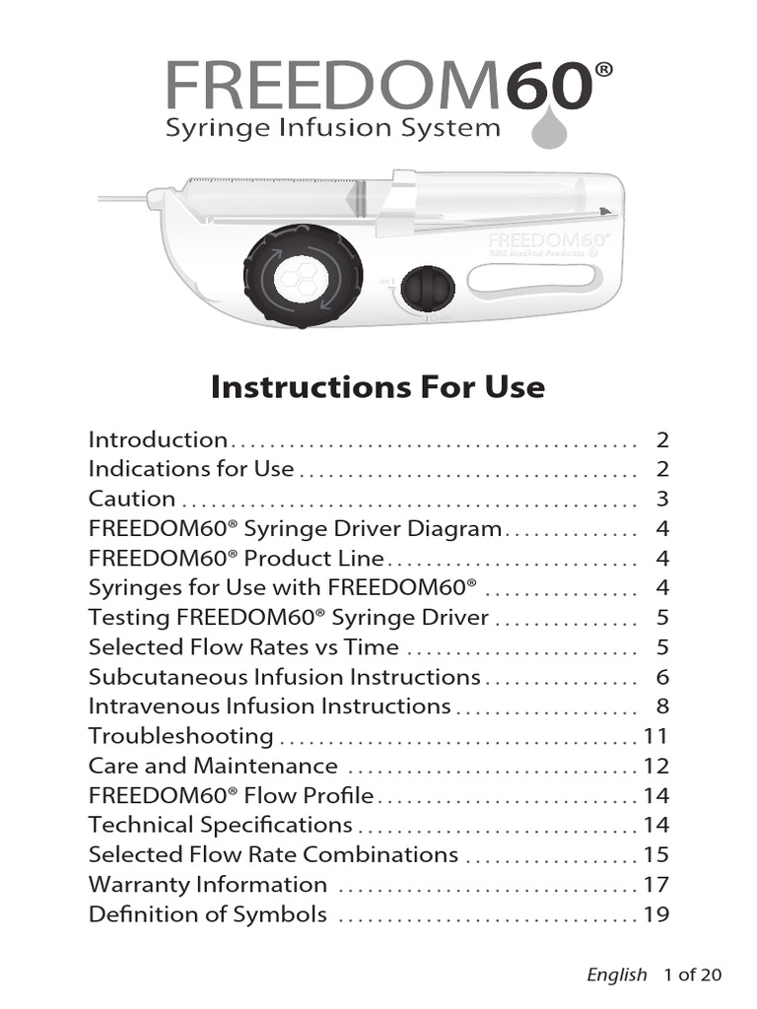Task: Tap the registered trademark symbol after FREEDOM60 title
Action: [x=604, y=69]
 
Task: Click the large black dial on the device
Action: [x=302, y=275]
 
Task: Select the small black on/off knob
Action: [x=428, y=288]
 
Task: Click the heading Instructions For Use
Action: [x=378, y=386]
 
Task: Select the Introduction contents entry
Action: [x=158, y=439]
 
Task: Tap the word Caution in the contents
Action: [x=132, y=499]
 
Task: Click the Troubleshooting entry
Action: [x=181, y=736]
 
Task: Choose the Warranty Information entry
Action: [x=208, y=885]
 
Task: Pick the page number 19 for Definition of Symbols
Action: [x=656, y=914]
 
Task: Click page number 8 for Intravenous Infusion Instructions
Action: [x=662, y=706]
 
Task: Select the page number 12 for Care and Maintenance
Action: [x=656, y=766]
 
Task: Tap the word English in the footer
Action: [x=617, y=975]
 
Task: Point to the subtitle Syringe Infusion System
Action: [x=332, y=128]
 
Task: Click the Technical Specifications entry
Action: [x=220, y=825]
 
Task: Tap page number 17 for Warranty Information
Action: [x=656, y=885]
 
